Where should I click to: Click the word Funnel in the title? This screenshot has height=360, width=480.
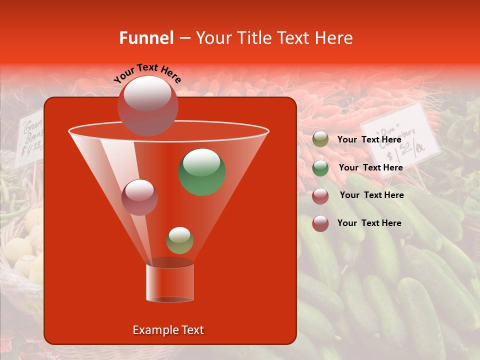146,38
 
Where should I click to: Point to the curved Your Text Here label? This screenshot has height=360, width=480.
147,73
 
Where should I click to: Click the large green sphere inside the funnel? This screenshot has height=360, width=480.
202,172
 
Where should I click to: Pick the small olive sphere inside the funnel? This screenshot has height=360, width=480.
179,240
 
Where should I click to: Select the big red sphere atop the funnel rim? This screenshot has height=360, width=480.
147,105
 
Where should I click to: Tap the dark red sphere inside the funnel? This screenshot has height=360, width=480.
139,197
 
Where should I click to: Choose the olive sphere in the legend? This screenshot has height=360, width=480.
320,139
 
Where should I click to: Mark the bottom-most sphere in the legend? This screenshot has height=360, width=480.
320,223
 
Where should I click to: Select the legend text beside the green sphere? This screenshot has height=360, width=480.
370,167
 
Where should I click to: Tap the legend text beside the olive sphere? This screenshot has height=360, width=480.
369,139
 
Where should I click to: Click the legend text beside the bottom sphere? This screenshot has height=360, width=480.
369,223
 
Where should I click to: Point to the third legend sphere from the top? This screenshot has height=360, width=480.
320,195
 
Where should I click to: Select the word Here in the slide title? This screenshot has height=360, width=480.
335,38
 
